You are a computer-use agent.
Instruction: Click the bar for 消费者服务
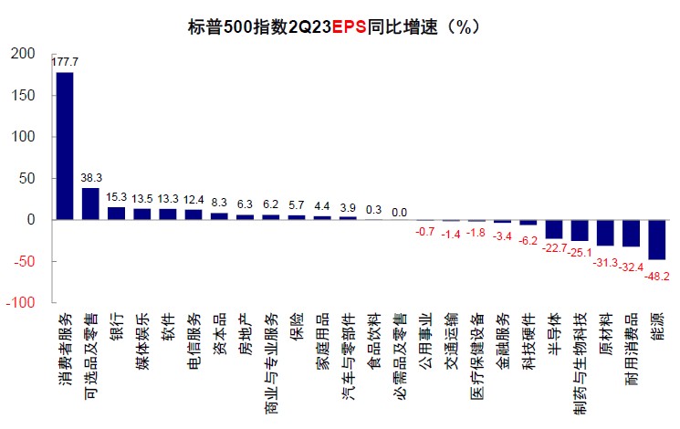(x=65, y=146)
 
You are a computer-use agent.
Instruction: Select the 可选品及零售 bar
(x=90, y=204)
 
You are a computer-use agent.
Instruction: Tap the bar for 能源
(x=657, y=240)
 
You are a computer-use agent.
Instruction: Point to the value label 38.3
(x=91, y=179)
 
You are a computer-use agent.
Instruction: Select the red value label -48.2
(x=657, y=275)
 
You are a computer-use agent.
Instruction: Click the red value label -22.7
(x=553, y=248)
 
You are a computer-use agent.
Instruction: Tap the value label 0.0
(x=400, y=212)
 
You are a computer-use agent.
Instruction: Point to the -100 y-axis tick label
(x=20, y=303)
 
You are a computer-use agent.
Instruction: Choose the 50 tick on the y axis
(x=26, y=178)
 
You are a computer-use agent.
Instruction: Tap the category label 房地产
(x=245, y=333)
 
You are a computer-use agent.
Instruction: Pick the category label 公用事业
(x=424, y=340)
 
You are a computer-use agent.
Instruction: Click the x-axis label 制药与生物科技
(x=580, y=359)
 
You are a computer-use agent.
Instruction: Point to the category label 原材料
(x=605, y=333)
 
